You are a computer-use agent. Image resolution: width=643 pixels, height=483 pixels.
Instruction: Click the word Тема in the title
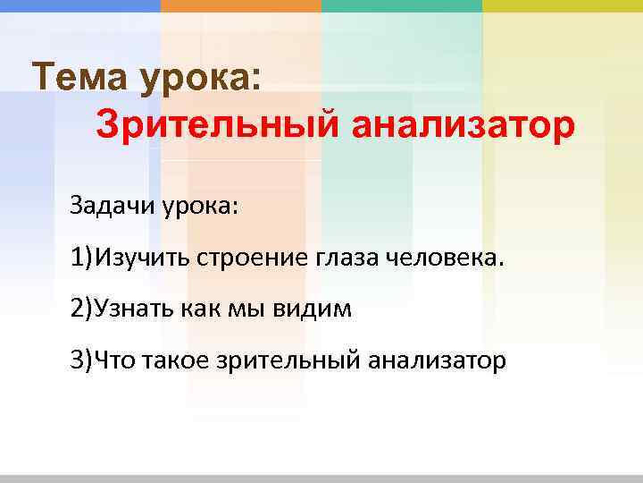pos(79,77)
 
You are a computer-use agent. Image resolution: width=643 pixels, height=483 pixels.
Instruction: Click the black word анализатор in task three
pos(437,360)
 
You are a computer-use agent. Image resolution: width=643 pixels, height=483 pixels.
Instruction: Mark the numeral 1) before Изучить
pos(83,258)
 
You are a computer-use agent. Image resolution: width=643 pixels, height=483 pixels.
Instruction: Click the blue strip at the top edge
pos(80,5)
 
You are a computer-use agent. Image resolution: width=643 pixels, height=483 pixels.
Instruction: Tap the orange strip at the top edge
pos(241,5)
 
